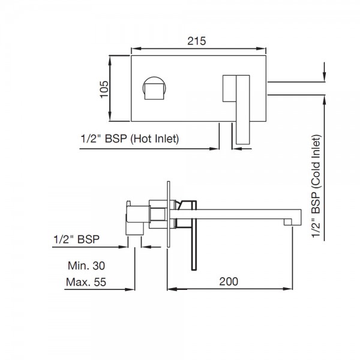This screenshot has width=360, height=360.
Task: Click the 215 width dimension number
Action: coord(197,41)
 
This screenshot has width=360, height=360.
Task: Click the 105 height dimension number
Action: coord(104,89)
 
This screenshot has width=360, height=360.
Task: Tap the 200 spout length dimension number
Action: coord(229,281)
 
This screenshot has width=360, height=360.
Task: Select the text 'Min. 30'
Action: coord(86,266)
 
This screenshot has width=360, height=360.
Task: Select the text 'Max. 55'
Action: coord(86,282)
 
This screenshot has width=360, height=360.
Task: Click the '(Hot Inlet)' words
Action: coord(155,139)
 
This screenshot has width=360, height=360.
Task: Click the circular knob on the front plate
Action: coord(154,88)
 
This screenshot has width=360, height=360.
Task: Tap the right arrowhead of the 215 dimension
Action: coord(261,49)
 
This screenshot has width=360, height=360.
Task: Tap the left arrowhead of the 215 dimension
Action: coord(136,49)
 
